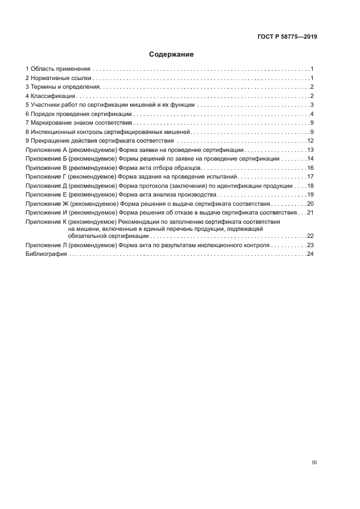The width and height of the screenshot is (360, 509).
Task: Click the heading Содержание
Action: (172, 54)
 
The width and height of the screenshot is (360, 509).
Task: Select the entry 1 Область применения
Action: (58, 69)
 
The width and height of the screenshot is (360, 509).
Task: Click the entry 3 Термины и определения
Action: (63, 87)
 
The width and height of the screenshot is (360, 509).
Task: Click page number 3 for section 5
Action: (312, 105)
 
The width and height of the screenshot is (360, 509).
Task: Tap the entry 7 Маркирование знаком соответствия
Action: (78, 123)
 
